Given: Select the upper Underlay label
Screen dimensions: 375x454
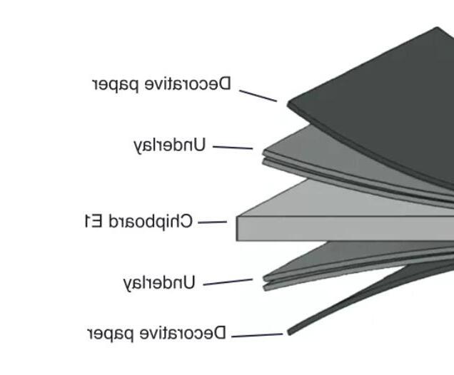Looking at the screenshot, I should click(x=170, y=145).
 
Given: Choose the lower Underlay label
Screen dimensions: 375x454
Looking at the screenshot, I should click(x=159, y=283).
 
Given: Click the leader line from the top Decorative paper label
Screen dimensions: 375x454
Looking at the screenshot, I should click(x=258, y=96).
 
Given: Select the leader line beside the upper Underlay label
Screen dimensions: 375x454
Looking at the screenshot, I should click(x=233, y=148).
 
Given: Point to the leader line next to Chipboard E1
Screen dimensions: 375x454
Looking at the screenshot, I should click(x=212, y=222).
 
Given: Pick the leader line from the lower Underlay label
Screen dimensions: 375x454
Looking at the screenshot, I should click(x=228, y=282).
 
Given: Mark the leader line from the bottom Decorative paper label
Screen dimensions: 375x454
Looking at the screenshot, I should click(x=257, y=335).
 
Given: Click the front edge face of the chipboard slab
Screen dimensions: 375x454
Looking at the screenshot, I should click(x=343, y=229).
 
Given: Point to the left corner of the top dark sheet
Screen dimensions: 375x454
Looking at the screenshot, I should click(x=290, y=104).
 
